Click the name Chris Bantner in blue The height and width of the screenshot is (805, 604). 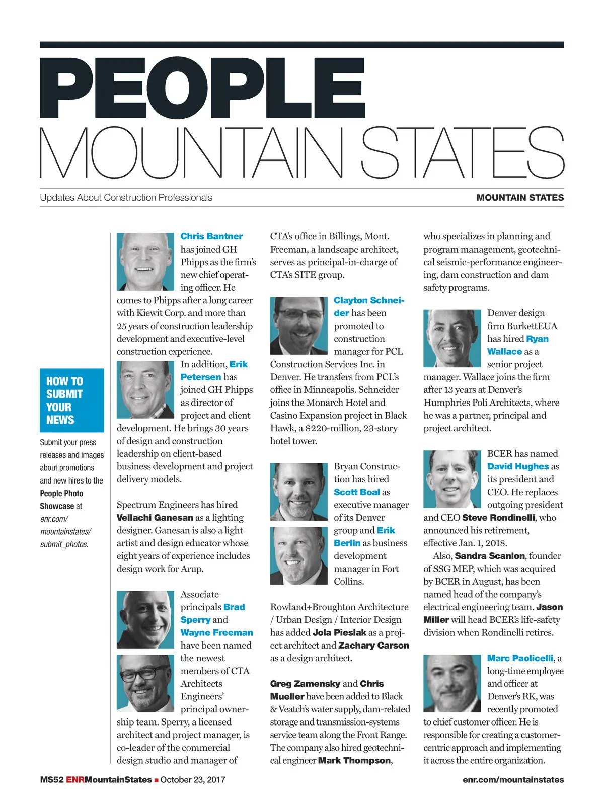(211, 236)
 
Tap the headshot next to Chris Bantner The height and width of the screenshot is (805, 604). (145, 262)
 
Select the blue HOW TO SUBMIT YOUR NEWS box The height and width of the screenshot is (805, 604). (72, 400)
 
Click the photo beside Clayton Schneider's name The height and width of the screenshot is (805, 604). (298, 326)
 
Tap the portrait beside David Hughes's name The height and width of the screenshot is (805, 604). (451, 479)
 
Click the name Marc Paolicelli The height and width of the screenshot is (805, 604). (520, 658)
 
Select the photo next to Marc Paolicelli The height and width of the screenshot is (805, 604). (451, 683)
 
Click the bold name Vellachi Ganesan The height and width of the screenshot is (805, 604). (155, 518)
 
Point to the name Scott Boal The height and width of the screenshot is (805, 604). (357, 492)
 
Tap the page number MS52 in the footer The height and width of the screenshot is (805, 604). (51, 780)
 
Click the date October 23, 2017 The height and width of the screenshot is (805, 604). (193, 780)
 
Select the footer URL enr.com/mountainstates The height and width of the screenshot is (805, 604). (513, 780)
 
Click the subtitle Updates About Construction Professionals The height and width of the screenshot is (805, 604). (126, 198)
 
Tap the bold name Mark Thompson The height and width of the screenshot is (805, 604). (354, 760)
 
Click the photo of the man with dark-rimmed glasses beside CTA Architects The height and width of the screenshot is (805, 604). (145, 683)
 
